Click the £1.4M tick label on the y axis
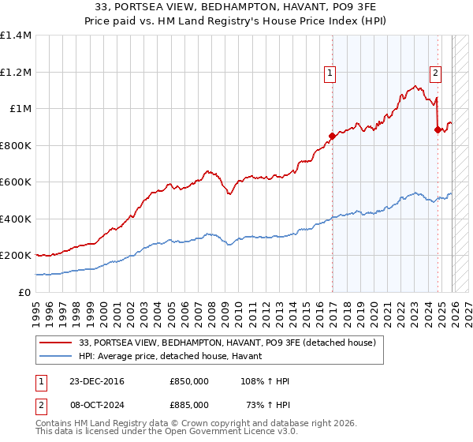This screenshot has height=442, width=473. (x=16, y=36)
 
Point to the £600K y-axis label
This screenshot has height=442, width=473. (x=16, y=182)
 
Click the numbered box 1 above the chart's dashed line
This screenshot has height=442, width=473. (x=331, y=73)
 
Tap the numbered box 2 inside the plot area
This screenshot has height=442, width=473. (x=435, y=73)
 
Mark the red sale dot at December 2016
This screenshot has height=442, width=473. (x=332, y=137)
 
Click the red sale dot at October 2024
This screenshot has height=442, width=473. (x=438, y=130)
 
